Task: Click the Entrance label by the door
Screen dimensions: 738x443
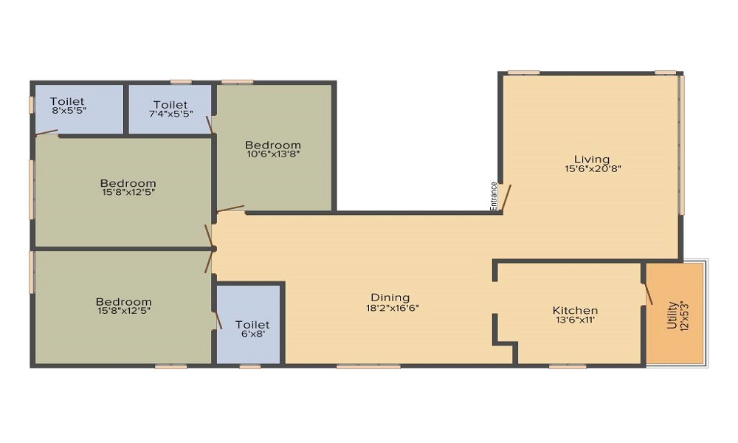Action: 493,196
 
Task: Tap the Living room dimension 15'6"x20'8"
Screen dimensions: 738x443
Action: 593,168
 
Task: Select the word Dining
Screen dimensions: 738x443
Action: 390,298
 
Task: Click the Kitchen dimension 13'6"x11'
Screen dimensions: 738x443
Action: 575,320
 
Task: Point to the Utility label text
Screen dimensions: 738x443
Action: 672,315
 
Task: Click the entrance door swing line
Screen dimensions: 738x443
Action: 506,196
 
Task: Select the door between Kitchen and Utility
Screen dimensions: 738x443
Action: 648,293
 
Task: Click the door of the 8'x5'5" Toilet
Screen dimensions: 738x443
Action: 46,133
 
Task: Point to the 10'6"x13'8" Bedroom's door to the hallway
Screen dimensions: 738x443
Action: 230,208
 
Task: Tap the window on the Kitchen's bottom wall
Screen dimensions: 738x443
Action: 568,366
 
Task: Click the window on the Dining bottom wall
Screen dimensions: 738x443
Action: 368,366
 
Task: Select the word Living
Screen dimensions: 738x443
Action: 592,159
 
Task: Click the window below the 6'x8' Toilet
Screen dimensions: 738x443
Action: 250,366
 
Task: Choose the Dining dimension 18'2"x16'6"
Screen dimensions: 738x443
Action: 393,309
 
